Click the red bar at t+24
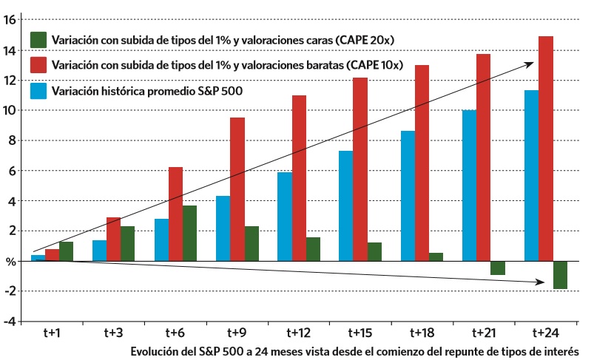click(546, 148)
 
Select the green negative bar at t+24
click(560, 274)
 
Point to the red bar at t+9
click(237, 189)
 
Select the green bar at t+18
click(436, 257)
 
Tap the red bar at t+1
click(52, 255)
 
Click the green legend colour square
click(39, 39)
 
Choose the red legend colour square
click(39, 65)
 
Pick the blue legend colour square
click(39, 91)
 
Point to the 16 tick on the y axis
click(10, 19)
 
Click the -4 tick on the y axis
click(10, 322)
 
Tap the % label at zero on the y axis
click(10, 262)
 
